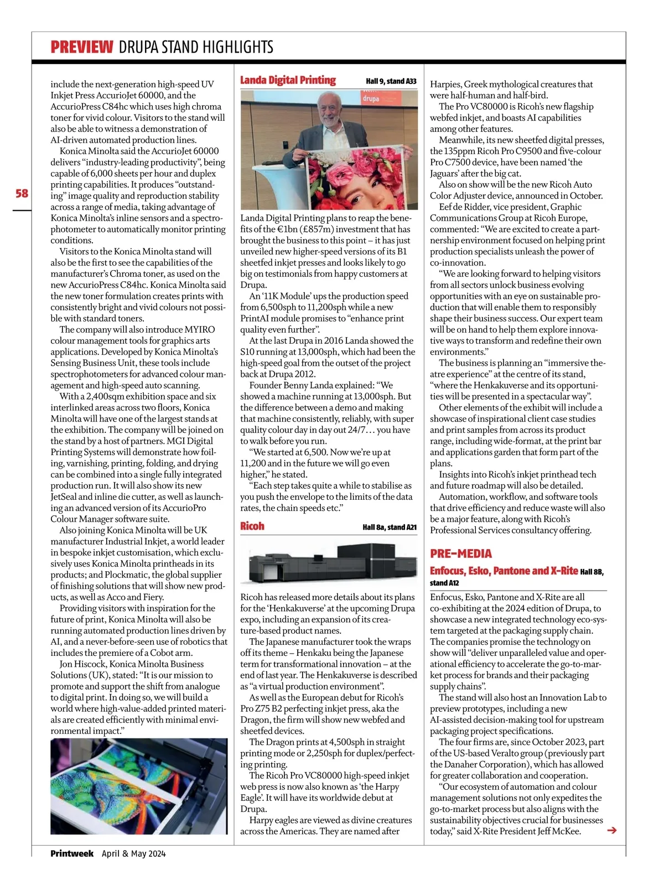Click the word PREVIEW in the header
82,47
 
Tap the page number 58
22,193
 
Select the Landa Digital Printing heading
288,80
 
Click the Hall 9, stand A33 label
391,81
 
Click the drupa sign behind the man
371,99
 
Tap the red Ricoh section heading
252,526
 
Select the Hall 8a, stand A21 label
390,527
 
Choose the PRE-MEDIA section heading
461,553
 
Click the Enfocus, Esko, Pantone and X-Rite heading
504,571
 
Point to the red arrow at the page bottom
611,830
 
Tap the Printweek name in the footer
72,853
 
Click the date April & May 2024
133,853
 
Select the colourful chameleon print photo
138,786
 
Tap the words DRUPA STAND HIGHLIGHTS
196,47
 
